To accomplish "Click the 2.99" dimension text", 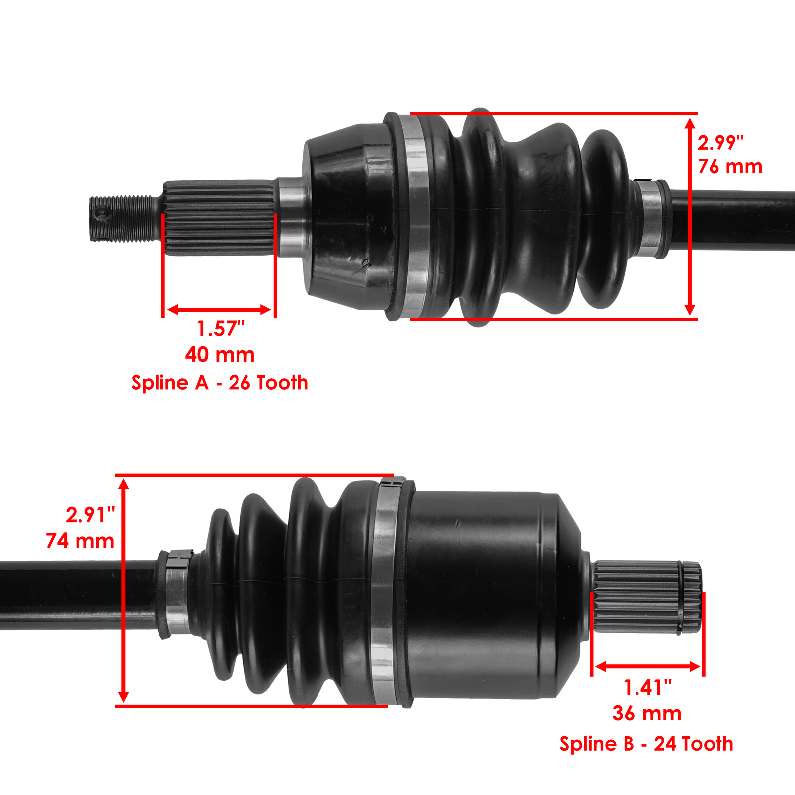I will (x=720, y=143).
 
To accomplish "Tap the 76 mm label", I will (x=730, y=167).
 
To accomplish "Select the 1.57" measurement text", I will (x=221, y=329).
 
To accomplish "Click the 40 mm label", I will (x=220, y=355).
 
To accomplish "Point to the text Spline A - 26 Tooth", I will (x=220, y=383).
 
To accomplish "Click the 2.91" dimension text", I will (x=90, y=515).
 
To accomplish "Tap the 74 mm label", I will (x=80, y=541).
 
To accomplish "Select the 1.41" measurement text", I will (x=647, y=688).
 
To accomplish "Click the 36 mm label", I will (x=646, y=714).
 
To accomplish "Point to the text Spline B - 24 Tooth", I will (x=646, y=744).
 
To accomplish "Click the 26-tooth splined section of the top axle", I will (x=219, y=219).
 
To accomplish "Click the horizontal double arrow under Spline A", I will (x=219, y=310).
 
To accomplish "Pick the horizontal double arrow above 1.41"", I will (x=647, y=667).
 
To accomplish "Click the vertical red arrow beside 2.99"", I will (x=690, y=217).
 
